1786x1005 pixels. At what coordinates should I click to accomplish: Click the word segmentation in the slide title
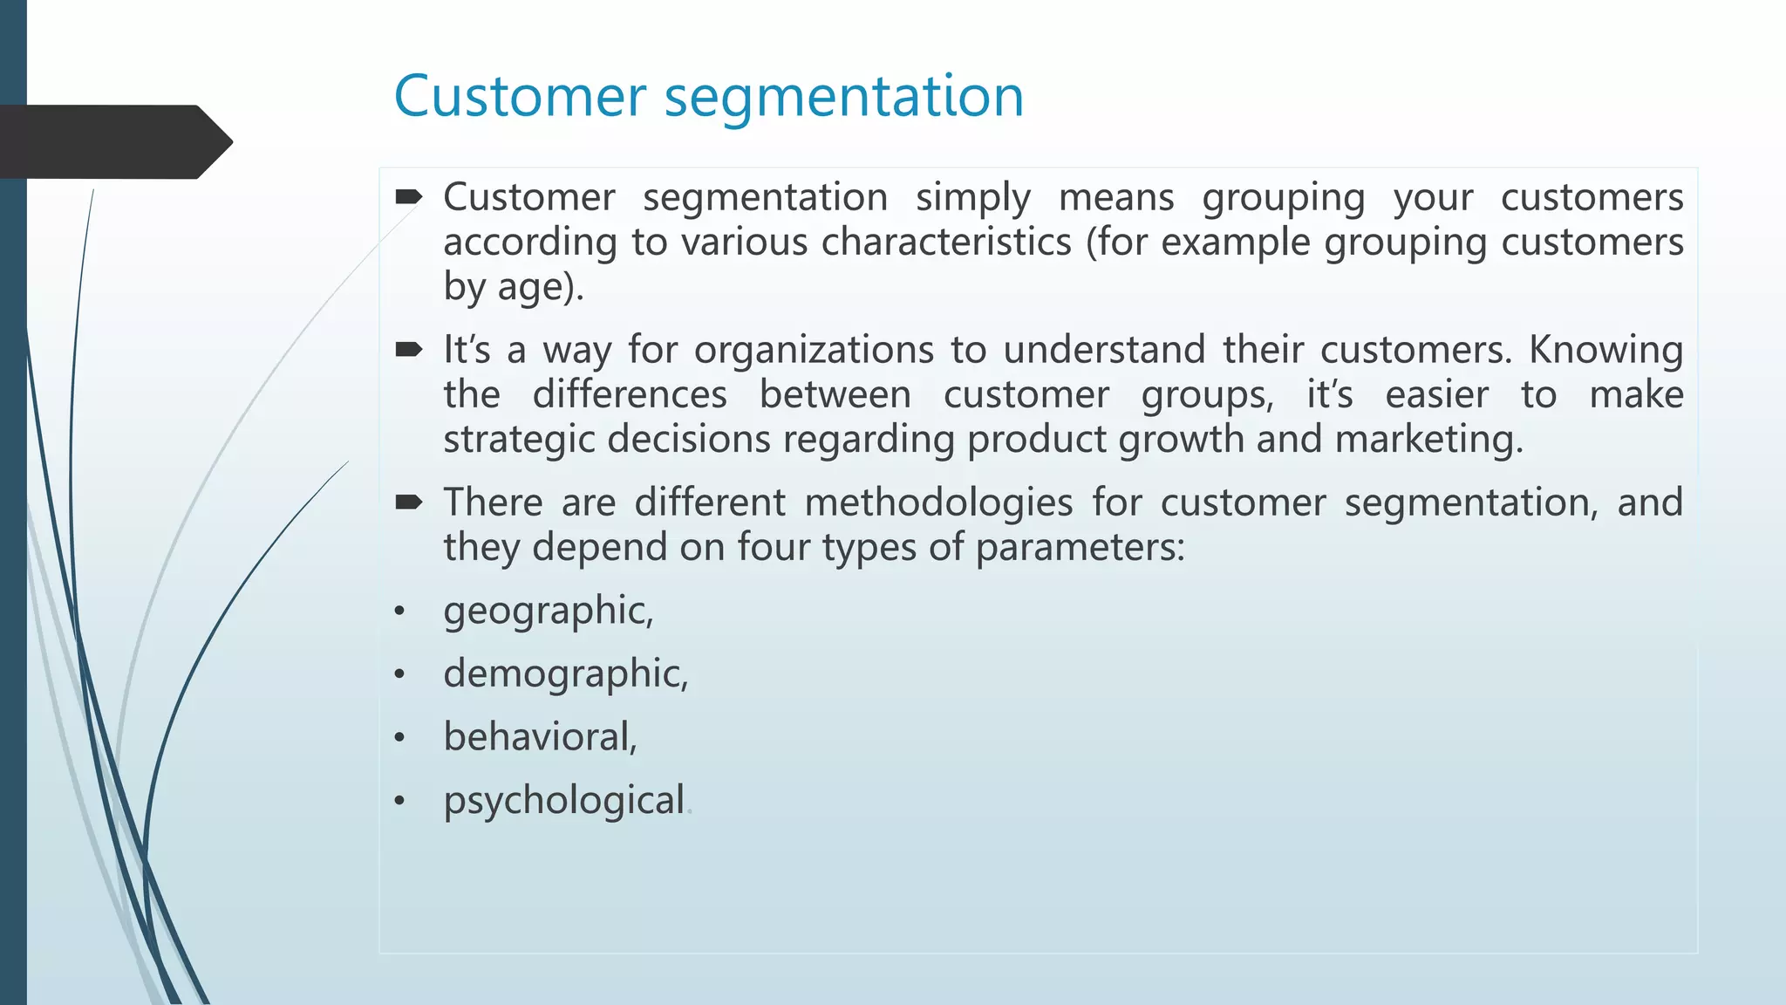point(843,98)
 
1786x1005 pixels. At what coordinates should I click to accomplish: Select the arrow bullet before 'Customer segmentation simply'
point(408,197)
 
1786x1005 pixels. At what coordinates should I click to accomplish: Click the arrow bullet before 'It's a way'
point(408,350)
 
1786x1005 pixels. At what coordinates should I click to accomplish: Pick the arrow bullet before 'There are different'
point(408,502)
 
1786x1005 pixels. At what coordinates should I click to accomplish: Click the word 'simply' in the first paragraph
point(972,198)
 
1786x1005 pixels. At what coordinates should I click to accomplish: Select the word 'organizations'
point(814,350)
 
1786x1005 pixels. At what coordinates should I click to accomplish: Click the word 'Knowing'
point(1605,350)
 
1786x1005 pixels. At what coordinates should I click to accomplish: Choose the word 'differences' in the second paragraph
point(629,394)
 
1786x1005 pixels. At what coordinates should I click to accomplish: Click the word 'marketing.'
point(1428,438)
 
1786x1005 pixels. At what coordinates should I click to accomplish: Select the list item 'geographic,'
point(548,611)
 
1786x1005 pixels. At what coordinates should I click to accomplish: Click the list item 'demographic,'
point(565,673)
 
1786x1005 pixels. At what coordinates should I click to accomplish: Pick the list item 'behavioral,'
point(540,737)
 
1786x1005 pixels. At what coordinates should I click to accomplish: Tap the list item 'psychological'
point(563,801)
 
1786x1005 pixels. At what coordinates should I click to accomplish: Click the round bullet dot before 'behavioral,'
point(399,738)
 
